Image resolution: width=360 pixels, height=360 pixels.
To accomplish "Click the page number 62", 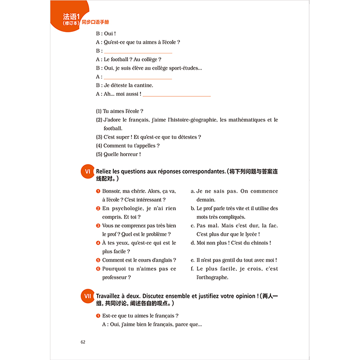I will pyautogui.click(x=83, y=342).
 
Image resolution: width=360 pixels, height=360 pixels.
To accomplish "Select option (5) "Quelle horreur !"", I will pyautogui.click(x=118, y=154).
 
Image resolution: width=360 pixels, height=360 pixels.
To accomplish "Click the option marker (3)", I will pyautogui.click(x=99, y=137).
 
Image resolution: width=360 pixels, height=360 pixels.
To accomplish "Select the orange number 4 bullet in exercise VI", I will pyautogui.click(x=98, y=243).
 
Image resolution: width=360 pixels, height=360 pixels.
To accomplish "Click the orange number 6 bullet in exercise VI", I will pyautogui.click(x=98, y=269).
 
